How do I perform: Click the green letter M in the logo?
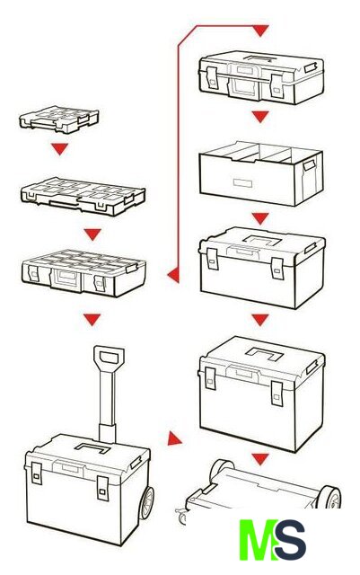point(259,540)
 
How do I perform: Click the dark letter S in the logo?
point(290,540)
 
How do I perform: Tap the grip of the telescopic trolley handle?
point(109,358)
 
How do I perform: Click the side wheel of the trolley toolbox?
point(146,503)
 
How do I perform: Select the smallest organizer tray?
point(58,119)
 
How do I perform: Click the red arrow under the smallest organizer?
point(60,148)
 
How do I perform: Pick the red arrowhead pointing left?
point(174,275)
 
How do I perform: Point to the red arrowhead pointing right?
point(174,438)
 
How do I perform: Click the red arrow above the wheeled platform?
point(260,459)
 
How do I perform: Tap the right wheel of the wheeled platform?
point(329,497)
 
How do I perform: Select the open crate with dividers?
point(261,173)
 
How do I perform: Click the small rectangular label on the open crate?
point(242,182)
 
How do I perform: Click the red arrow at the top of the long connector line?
point(260,31)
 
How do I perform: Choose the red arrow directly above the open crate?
point(260,117)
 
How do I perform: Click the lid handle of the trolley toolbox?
point(92,447)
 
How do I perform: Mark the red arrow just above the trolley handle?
point(92,320)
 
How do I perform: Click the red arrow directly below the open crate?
point(260,218)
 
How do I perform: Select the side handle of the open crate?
point(309,165)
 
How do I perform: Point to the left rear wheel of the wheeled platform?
point(222,467)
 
